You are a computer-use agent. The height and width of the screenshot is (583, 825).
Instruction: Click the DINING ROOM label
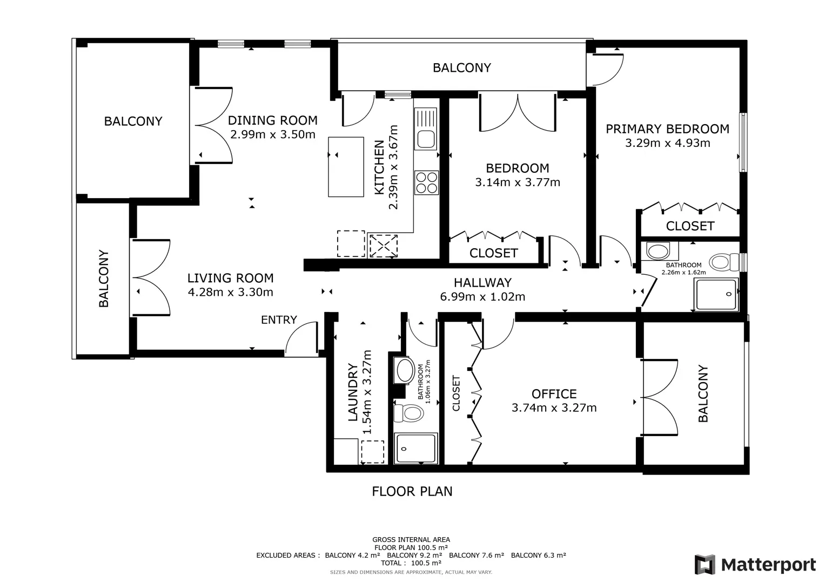272,120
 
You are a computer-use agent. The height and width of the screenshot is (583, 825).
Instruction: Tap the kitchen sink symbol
426,128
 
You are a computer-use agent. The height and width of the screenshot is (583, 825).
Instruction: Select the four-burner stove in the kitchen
426,182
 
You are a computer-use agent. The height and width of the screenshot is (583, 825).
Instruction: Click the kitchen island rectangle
346,167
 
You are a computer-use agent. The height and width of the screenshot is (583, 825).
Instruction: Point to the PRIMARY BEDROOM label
667,129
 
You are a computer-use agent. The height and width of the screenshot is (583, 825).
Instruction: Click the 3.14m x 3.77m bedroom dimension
518,182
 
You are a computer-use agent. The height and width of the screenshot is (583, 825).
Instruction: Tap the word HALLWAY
482,282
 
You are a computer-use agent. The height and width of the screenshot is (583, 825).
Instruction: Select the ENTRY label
279,320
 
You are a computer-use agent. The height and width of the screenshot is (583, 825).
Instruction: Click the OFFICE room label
554,394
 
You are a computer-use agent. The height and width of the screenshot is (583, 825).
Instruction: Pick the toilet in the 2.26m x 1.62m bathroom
725,262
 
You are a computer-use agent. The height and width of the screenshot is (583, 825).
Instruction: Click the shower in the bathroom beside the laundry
416,448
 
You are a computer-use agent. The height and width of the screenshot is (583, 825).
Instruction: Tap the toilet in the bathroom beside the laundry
408,413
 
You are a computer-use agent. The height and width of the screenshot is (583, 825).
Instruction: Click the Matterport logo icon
705,564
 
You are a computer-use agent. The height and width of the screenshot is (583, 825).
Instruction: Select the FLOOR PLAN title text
412,491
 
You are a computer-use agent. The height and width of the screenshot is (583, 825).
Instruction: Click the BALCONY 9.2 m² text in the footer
414,555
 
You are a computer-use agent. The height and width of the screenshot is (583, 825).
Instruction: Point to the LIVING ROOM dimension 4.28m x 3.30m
231,292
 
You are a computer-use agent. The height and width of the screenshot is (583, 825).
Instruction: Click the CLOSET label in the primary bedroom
690,226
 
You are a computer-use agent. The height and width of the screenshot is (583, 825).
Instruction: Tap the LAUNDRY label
353,392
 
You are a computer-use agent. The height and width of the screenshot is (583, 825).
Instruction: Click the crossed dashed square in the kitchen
383,246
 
